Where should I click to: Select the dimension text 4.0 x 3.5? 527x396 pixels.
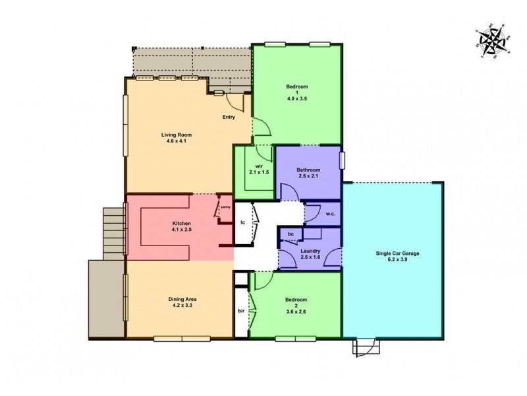tap(297, 98)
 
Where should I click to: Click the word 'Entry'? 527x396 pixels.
tap(229, 118)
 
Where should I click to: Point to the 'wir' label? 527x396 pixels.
tap(253, 166)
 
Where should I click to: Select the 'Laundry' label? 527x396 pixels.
tap(309, 250)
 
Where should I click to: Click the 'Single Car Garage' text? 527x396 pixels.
tap(397, 253)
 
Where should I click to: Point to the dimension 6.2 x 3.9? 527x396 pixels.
tap(397, 260)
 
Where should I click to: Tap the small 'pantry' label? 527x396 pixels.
tap(225, 207)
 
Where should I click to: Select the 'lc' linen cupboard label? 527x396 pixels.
tap(243, 223)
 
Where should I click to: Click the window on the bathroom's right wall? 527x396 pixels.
tap(342, 162)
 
